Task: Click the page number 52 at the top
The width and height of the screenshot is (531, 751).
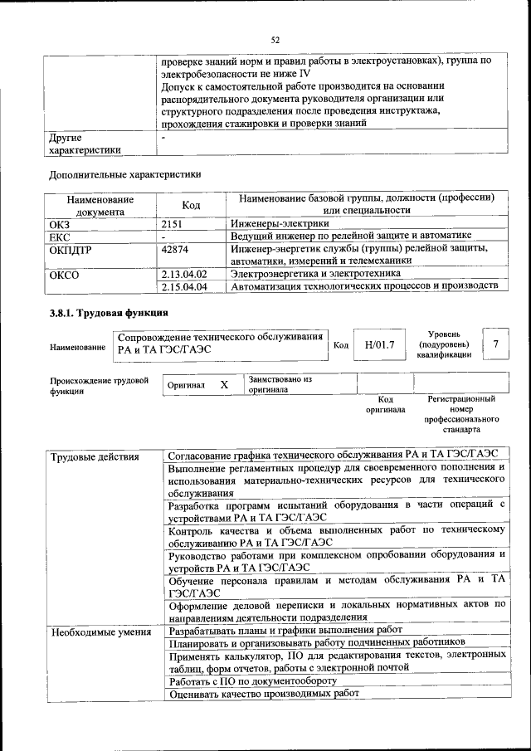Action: pos(275,39)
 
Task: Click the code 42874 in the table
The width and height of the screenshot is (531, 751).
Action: pos(176,248)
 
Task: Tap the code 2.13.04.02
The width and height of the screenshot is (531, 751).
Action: pos(184,274)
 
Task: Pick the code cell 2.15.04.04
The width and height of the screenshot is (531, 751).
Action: pos(184,286)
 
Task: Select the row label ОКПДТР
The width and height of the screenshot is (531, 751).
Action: pos(70,248)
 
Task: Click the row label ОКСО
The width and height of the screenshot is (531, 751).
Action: pos(64,274)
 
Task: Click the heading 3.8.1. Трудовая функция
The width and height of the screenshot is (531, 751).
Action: pos(109,314)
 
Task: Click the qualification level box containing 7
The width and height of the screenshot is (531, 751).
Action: pos(495,344)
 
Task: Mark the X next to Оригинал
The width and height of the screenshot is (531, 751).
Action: pos(224,385)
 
